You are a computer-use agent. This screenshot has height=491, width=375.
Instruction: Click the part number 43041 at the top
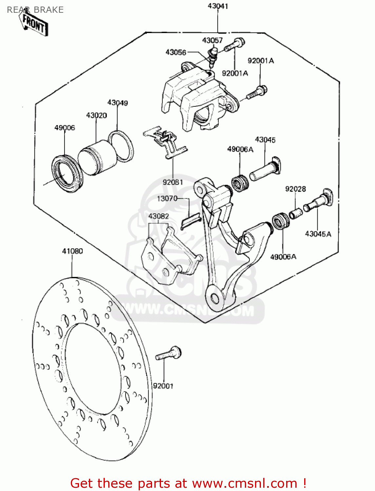point(218,6)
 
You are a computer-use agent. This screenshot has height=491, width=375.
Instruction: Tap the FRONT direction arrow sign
point(34,24)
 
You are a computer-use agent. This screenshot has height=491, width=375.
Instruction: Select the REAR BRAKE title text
point(35,10)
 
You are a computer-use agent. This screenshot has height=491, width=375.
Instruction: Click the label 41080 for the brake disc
point(72,251)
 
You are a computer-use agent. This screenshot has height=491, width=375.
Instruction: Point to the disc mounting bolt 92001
point(168,354)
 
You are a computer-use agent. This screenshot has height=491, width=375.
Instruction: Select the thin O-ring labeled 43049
point(121,146)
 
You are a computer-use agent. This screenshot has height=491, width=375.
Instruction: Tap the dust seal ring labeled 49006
point(67,173)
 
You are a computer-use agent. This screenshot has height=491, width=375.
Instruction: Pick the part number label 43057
point(212,40)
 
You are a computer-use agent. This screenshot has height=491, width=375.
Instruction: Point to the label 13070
point(167,199)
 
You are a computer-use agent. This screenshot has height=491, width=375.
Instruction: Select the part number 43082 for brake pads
point(159,216)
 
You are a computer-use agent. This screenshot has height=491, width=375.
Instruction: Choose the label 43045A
point(318,234)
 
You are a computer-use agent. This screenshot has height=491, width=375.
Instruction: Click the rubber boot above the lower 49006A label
point(281,221)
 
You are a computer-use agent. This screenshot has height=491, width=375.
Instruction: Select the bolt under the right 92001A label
point(257,92)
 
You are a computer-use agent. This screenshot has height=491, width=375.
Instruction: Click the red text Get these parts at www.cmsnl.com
point(188,483)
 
